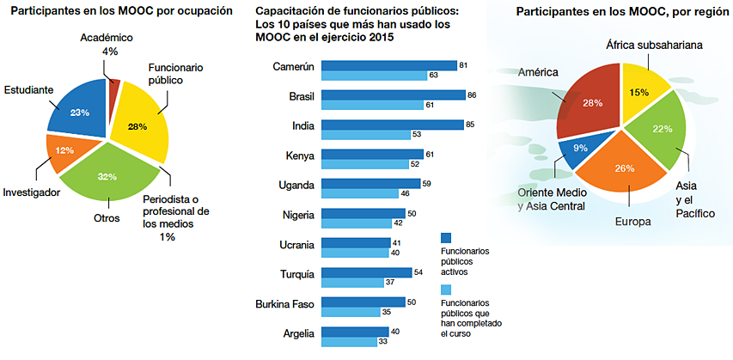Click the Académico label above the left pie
[x=110, y=39]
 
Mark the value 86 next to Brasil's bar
[x=471, y=95]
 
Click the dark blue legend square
[x=446, y=238]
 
